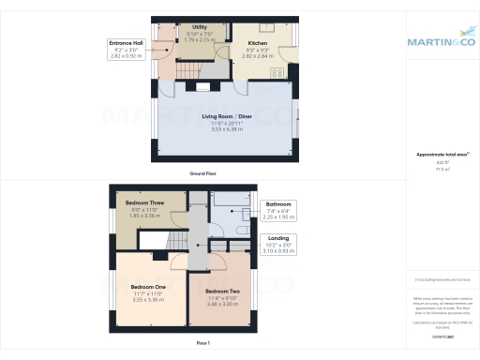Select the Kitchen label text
(x=258, y=43)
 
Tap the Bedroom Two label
(x=223, y=292)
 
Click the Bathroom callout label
(x=279, y=203)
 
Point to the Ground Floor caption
(x=204, y=173)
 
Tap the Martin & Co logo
(x=440, y=41)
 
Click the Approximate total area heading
(x=440, y=154)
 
